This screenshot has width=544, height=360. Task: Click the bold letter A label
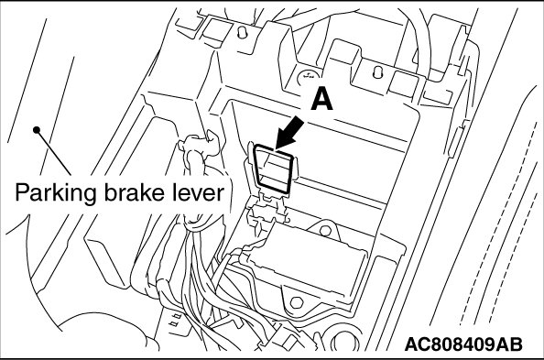[x=321, y=98]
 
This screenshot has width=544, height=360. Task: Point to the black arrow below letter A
[x=288, y=133]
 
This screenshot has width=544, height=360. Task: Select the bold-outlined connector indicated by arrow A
[x=274, y=169]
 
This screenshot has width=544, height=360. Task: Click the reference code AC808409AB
[x=463, y=344]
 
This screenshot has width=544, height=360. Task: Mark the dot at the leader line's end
[x=37, y=130]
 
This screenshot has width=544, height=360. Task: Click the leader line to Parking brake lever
[x=53, y=152]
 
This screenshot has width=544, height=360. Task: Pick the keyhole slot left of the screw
[x=243, y=32]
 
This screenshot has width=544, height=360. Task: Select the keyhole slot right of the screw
[x=378, y=71]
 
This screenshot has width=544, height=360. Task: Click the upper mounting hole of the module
[x=325, y=230]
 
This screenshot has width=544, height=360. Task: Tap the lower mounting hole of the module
[x=296, y=302]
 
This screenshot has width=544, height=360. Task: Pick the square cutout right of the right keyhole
[x=404, y=82]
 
